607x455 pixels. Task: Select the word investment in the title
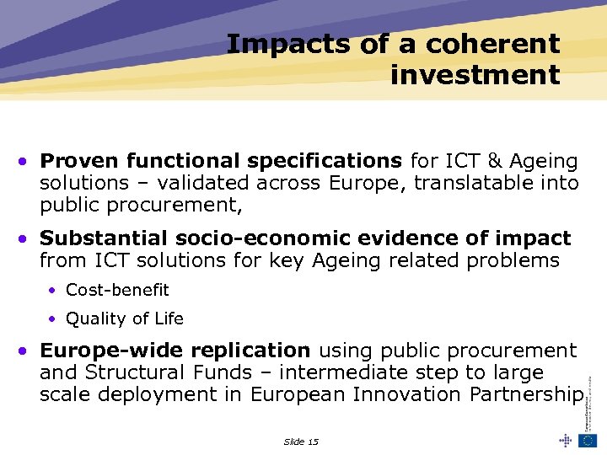(475, 74)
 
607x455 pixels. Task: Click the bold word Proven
(79, 161)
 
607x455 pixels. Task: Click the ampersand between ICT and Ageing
(495, 161)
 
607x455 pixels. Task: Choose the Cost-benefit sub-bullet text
(117, 290)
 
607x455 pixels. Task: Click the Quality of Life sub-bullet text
(124, 318)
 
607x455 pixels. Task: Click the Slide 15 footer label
(301, 442)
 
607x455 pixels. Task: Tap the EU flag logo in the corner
(587, 441)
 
